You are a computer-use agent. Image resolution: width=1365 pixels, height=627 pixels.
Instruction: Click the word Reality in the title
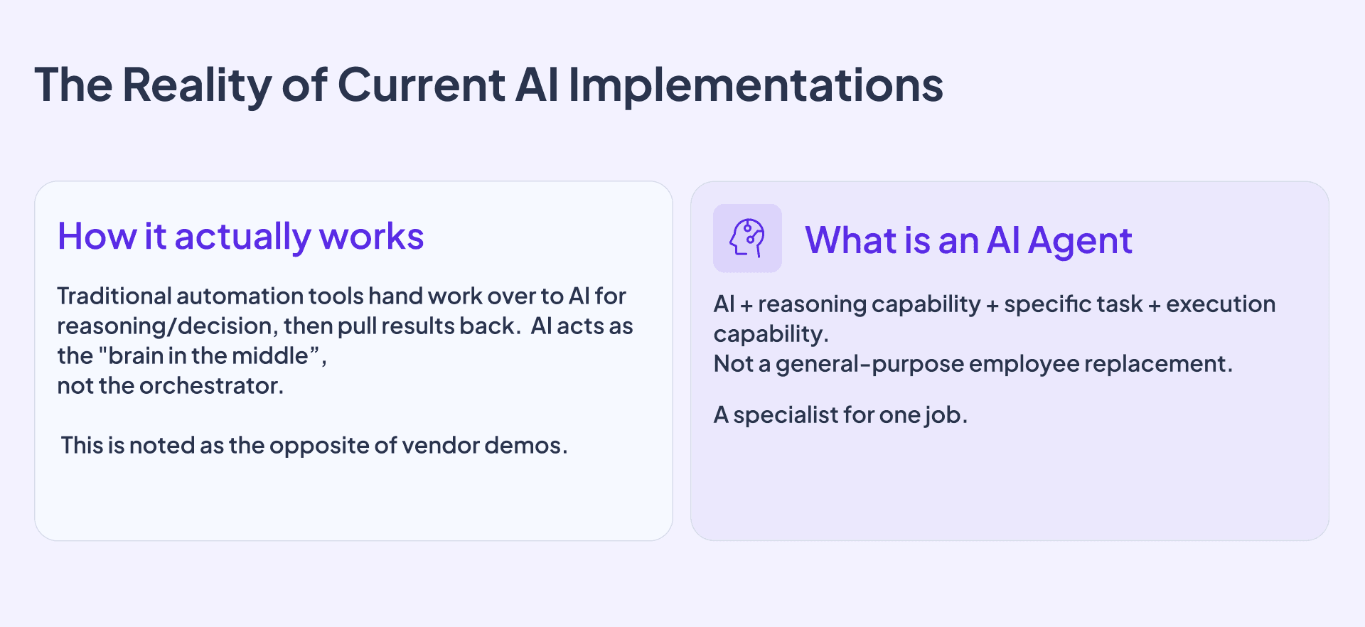pyautogui.click(x=196, y=85)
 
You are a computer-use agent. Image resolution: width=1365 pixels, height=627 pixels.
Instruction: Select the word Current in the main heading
pyautogui.click(x=421, y=85)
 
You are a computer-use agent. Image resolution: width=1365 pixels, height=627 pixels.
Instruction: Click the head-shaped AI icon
pyautogui.click(x=747, y=238)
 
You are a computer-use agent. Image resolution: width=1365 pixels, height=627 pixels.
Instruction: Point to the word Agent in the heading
pyautogui.click(x=1080, y=241)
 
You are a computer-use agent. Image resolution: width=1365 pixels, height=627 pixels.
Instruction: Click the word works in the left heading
pyautogui.click(x=371, y=237)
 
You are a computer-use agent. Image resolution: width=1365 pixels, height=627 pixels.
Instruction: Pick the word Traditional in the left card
pyautogui.click(x=114, y=296)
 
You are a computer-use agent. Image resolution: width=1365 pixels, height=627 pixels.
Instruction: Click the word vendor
pyautogui.click(x=440, y=446)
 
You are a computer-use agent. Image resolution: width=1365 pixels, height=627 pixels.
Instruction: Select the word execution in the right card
pyautogui.click(x=1221, y=304)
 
